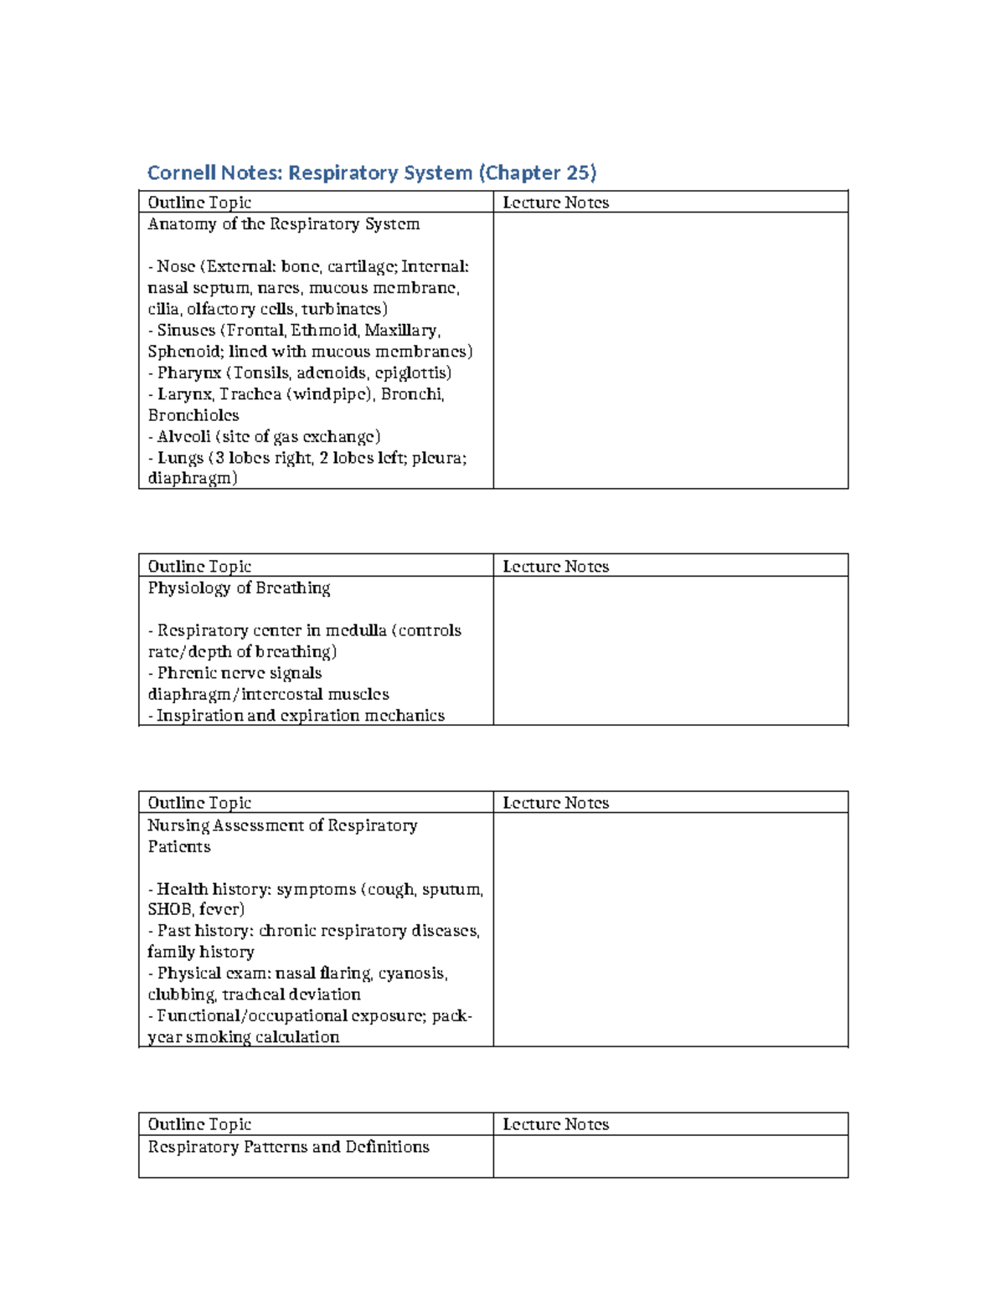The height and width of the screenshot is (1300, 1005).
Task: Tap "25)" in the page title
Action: pyautogui.click(x=581, y=173)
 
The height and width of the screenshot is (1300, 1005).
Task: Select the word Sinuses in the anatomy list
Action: pyautogui.click(x=186, y=331)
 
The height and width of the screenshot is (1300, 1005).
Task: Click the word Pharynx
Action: pyautogui.click(x=188, y=373)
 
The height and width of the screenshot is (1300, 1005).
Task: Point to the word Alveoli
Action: pyautogui.click(x=183, y=437)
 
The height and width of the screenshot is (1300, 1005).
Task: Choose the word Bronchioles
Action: pyautogui.click(x=193, y=416)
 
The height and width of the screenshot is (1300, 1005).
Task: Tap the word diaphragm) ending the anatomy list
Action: pyautogui.click(x=193, y=479)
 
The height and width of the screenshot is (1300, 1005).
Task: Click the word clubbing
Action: pyautogui.click(x=181, y=995)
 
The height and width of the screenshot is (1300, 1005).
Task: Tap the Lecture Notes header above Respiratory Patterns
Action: pyautogui.click(x=555, y=1125)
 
